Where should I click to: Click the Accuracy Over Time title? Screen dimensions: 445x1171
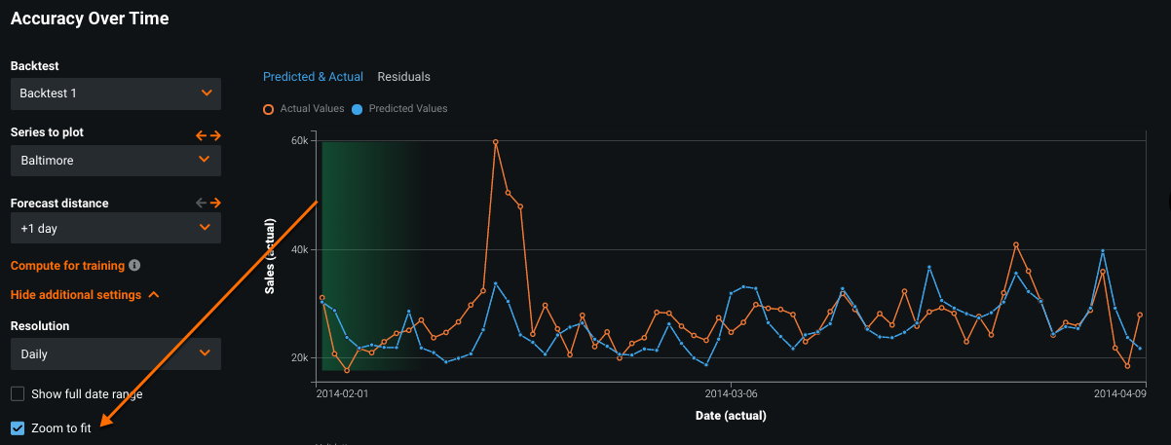pos(90,19)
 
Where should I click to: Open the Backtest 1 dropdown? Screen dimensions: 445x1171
pos(116,93)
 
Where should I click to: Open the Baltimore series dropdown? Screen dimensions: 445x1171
pos(116,160)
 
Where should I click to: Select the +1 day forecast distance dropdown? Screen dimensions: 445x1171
pos(116,228)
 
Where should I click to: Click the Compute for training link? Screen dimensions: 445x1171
pos(67,265)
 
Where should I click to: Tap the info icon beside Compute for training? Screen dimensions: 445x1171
pos(134,265)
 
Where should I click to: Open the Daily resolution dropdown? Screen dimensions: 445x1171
pos(116,354)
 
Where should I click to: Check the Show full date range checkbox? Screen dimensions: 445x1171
pos(18,394)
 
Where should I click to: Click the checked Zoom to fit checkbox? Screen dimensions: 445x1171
pos(18,428)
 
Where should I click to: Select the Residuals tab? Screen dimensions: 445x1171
pos(403,77)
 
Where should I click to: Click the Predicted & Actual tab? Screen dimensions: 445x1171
pos(313,77)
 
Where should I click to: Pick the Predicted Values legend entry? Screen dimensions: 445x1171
pos(399,108)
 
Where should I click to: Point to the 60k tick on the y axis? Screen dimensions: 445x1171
pos(300,141)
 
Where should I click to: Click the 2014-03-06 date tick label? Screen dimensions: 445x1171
pos(731,394)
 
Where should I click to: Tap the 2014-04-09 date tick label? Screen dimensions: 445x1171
pos(1119,394)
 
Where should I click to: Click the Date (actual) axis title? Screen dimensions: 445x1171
pos(731,416)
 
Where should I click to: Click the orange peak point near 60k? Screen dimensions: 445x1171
pos(496,142)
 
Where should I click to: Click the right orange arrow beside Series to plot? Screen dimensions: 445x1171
pos(215,135)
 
